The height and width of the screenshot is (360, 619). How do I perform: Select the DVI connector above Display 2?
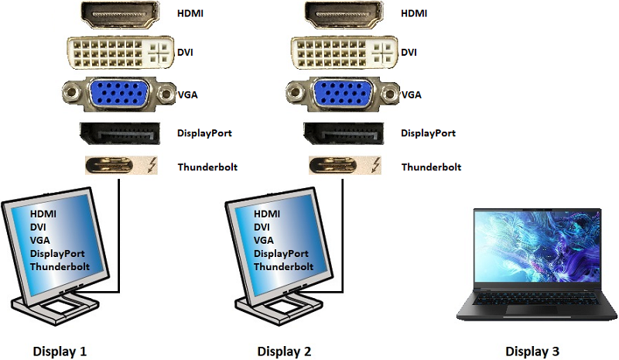click(x=344, y=53)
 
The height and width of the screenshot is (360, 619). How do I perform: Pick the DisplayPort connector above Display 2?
click(x=344, y=132)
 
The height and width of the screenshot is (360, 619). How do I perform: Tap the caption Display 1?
click(x=60, y=351)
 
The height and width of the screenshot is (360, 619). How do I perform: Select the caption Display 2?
click(x=286, y=351)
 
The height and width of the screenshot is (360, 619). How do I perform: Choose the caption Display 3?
click(x=532, y=351)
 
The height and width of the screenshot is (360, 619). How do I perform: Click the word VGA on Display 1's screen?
click(x=40, y=240)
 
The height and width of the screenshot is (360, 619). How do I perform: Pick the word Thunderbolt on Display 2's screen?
click(x=284, y=266)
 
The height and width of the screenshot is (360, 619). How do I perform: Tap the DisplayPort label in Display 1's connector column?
click(x=204, y=132)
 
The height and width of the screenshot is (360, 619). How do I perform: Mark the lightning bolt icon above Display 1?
click(x=151, y=166)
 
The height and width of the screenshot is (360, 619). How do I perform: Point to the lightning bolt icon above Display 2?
click(x=375, y=166)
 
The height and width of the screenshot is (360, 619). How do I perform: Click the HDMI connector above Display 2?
click(x=344, y=13)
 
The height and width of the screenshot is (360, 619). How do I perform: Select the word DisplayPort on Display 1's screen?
click(x=57, y=253)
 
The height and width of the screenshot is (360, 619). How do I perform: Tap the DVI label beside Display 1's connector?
click(x=186, y=53)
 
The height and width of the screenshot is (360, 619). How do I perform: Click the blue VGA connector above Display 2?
click(x=344, y=94)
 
